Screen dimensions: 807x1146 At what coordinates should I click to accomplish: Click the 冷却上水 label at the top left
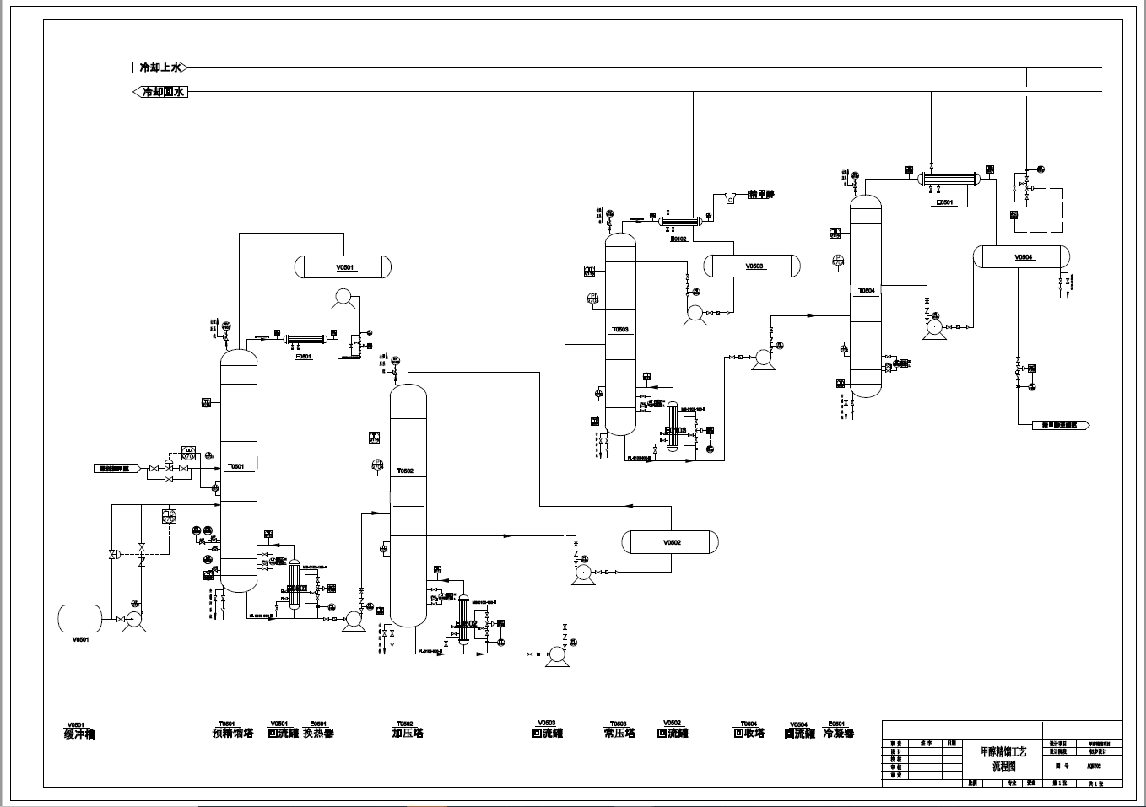(159, 67)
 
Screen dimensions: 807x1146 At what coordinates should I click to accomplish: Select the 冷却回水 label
(161, 92)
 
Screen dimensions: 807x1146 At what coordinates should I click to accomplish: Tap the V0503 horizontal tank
(753, 266)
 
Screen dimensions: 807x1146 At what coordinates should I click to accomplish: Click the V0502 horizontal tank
(670, 542)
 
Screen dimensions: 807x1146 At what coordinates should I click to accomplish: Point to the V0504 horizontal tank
(1021, 257)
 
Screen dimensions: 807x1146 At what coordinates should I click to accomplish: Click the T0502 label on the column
(406, 471)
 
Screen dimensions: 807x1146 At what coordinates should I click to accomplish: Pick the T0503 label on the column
(619, 330)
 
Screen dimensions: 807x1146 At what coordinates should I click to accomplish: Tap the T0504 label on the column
(867, 291)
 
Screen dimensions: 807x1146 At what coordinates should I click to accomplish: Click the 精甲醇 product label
(760, 195)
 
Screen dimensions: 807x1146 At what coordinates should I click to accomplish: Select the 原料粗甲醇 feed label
(116, 468)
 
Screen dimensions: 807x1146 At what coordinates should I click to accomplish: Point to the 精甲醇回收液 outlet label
(1061, 426)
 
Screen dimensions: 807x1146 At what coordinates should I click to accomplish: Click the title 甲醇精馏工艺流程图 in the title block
(1004, 758)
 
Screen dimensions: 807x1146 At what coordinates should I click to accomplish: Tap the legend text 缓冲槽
(80, 734)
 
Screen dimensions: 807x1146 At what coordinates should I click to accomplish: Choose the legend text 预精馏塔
(232, 734)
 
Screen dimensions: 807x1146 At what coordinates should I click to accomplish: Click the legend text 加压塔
(408, 734)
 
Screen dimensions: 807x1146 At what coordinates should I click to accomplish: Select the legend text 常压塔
(619, 734)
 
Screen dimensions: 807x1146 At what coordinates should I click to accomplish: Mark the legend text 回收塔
(749, 734)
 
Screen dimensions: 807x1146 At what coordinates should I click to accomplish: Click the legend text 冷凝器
(838, 734)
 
